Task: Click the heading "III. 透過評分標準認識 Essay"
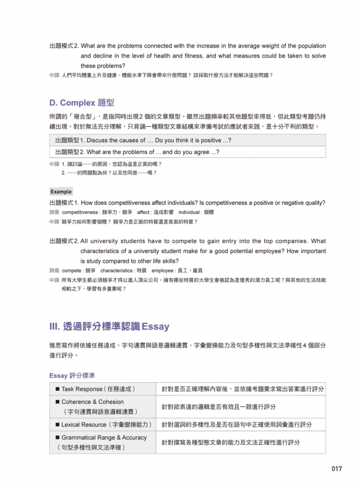tap(109, 326)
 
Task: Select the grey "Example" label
tap(61, 191)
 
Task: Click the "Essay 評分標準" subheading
tap(72, 376)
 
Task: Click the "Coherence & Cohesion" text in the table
tap(92, 402)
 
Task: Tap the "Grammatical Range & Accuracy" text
tap(104, 437)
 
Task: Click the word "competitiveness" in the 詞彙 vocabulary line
tap(81, 212)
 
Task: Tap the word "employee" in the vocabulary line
tap(162, 271)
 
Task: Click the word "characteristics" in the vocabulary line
tap(117, 271)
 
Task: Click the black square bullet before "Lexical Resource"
tap(57, 425)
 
